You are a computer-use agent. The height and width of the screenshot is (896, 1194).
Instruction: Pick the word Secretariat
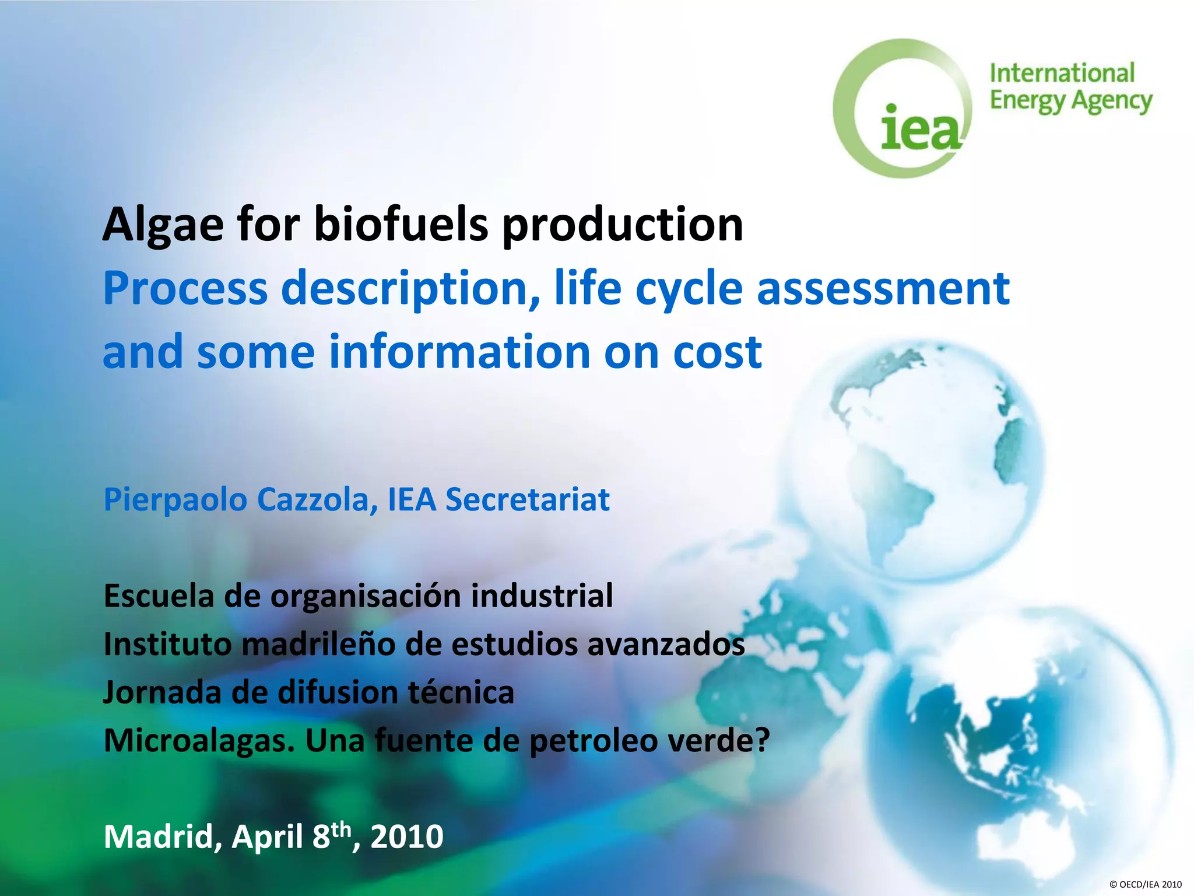527,500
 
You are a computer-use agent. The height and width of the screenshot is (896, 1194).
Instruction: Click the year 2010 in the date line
407,837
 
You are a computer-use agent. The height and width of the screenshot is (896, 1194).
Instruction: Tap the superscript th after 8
342,828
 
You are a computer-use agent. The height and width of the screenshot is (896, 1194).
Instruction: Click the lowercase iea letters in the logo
919,129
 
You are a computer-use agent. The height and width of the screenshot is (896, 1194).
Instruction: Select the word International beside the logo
1062,74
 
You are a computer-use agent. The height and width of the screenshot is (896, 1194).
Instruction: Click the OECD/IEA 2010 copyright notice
1145,884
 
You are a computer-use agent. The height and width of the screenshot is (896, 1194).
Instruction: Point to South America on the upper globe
892,502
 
